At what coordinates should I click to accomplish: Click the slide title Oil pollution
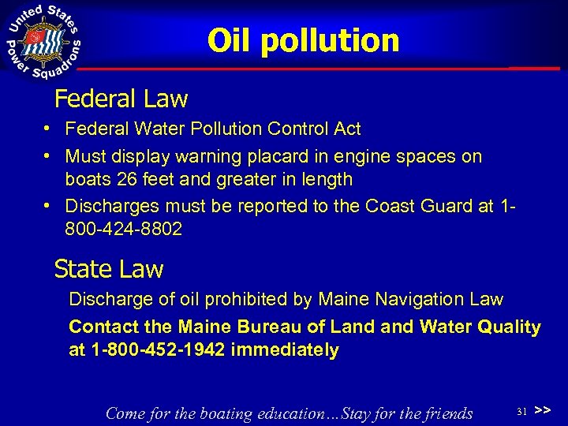304,41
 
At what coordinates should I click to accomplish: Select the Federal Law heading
121,99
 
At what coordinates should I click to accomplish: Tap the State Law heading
109,269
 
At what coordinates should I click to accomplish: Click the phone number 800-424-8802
124,230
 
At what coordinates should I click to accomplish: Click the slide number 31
521,412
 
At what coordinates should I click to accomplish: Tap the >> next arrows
542,411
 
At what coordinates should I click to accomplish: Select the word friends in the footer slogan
444,413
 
